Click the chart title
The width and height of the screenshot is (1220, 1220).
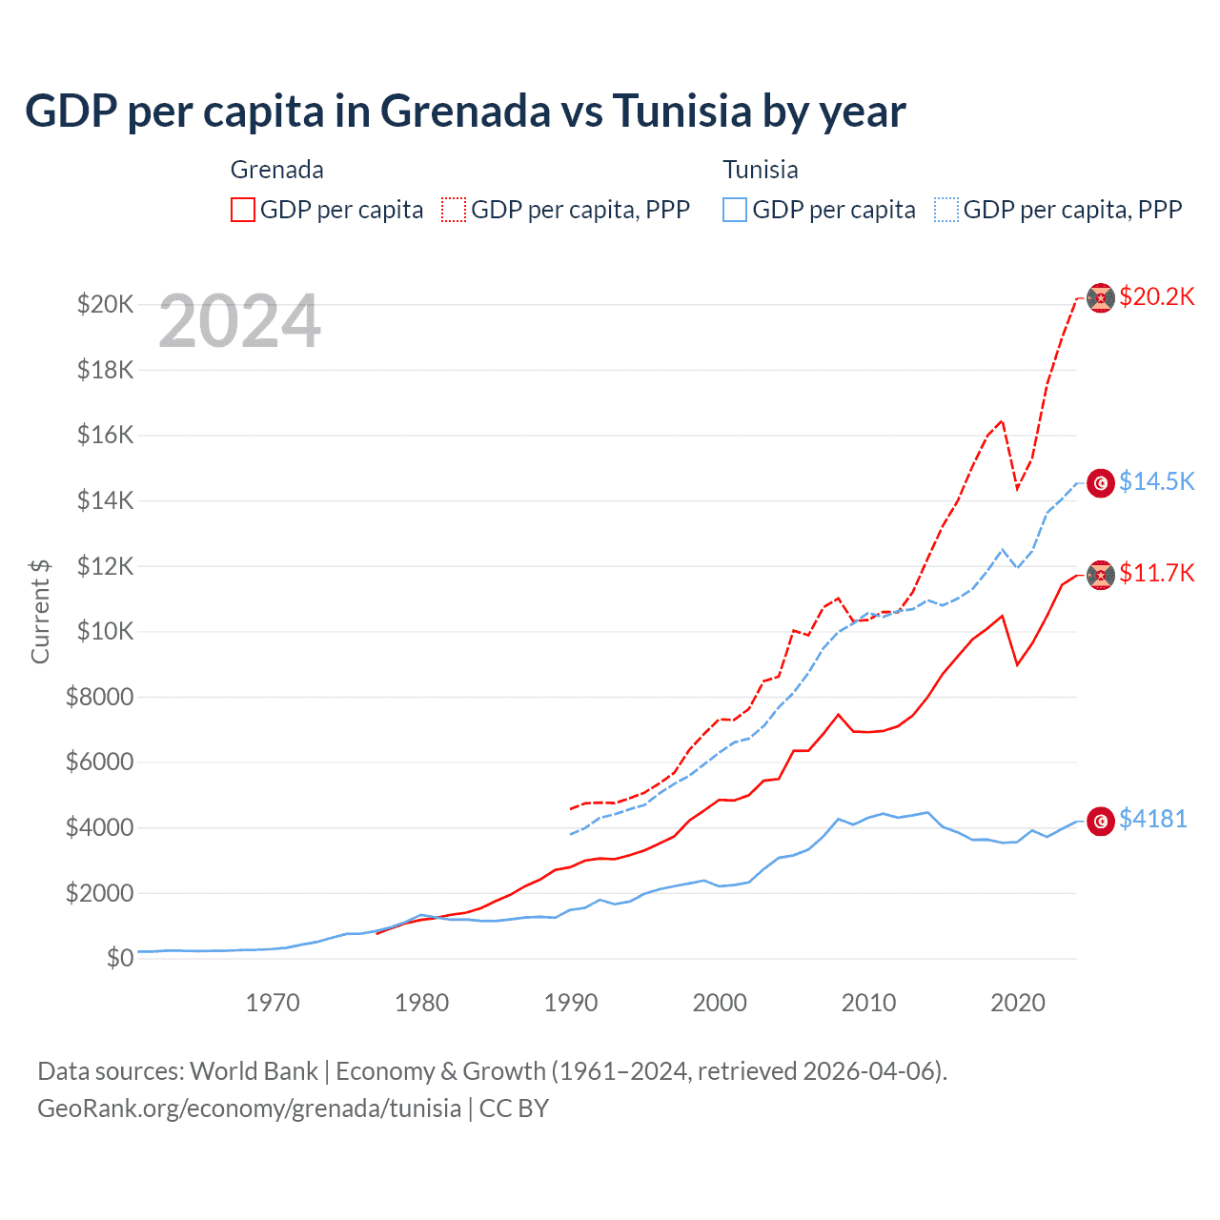465,112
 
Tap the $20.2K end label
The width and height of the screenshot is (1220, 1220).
1156,297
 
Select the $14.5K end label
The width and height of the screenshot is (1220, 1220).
1156,481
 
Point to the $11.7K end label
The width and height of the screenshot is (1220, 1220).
1156,573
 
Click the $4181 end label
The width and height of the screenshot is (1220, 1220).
1152,819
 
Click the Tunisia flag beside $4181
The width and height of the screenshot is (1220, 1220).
1101,821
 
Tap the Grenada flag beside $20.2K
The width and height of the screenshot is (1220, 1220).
1101,297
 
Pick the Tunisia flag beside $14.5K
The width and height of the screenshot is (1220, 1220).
1101,483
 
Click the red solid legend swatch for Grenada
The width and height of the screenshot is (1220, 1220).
243,210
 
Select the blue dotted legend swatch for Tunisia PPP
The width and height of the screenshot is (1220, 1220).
946,210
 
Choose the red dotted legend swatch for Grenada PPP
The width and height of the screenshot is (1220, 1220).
454,210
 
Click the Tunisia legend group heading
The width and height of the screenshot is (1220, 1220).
760,170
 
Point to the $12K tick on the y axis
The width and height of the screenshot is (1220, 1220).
105,566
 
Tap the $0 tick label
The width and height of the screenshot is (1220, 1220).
119,958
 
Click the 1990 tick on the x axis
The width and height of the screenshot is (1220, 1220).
571,1003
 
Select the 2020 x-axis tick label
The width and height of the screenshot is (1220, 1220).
1018,1003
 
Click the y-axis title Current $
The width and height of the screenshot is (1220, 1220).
40,611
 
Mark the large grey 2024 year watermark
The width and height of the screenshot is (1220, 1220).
239,322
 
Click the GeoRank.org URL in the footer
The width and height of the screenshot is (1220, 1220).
249,1108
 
